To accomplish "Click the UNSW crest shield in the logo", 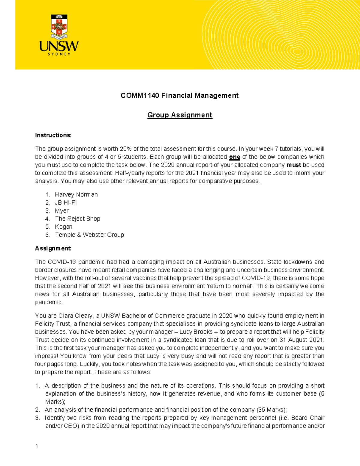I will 59,27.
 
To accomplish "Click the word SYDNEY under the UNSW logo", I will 59,54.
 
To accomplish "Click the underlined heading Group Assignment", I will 180,115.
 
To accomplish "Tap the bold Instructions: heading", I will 53,135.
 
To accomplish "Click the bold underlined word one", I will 235,157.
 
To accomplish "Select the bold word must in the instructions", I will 294,165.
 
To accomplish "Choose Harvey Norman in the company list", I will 76,194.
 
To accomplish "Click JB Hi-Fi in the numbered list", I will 66,203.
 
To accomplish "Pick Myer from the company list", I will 62,211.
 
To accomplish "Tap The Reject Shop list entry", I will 77,219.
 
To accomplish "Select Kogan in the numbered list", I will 64,227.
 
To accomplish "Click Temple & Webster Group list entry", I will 89,235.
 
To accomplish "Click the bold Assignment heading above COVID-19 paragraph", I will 53,248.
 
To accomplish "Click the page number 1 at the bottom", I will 37,446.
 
